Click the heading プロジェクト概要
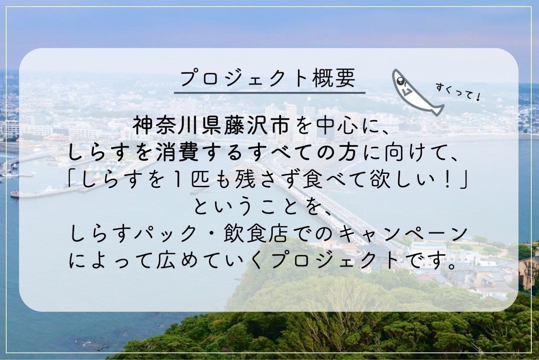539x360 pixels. [269, 78]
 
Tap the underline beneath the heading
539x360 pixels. [269, 92]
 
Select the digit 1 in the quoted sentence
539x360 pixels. [180, 181]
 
